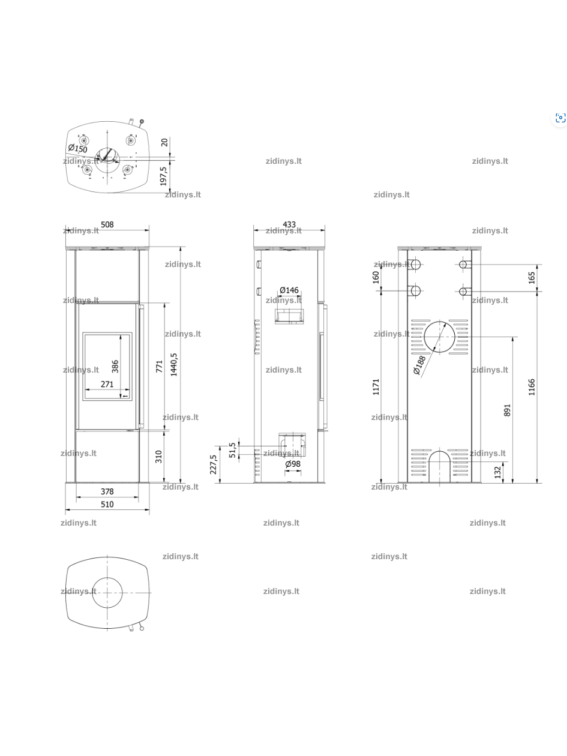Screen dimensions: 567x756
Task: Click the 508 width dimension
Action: click(x=107, y=224)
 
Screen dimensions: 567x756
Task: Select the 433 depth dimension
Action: click(x=289, y=224)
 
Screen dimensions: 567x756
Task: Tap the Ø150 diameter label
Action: click(x=77, y=148)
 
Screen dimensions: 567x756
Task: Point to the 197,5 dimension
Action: click(x=164, y=176)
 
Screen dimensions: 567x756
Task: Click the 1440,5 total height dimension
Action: click(x=174, y=365)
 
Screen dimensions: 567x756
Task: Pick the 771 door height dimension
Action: click(x=159, y=367)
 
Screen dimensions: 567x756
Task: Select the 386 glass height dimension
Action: click(x=115, y=367)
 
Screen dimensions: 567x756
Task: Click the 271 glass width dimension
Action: click(x=107, y=384)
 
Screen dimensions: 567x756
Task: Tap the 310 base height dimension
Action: click(x=159, y=457)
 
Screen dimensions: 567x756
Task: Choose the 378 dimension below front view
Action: click(x=107, y=491)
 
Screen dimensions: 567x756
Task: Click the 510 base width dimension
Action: click(x=107, y=504)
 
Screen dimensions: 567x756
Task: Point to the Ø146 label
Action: click(x=289, y=290)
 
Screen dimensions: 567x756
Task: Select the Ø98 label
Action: click(x=293, y=464)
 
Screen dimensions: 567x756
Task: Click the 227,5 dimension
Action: click(x=214, y=464)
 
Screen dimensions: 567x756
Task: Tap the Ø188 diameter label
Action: click(x=419, y=365)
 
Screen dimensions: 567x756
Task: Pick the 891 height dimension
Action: click(x=507, y=410)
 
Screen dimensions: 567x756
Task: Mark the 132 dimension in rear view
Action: click(x=497, y=472)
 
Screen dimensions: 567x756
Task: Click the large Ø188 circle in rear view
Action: click(x=424, y=337)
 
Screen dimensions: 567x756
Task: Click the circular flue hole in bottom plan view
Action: click(x=92, y=593)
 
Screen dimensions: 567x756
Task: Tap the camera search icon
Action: click(x=560, y=118)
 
